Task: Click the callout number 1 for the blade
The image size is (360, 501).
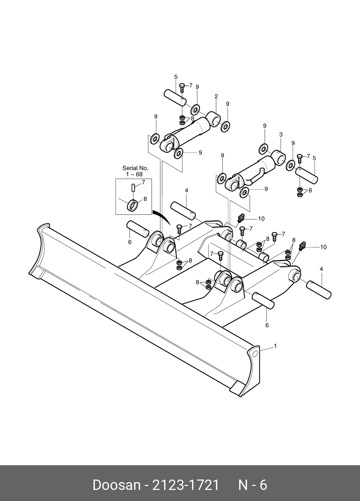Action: pyautogui.click(x=275, y=346)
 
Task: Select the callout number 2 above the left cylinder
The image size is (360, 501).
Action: pyautogui.click(x=216, y=97)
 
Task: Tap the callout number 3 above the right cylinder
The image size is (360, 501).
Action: pyautogui.click(x=281, y=134)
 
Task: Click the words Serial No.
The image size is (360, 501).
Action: pyautogui.click(x=135, y=168)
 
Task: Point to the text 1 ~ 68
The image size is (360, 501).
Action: pyautogui.click(x=134, y=174)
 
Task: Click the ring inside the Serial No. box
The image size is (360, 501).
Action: pyautogui.click(x=133, y=205)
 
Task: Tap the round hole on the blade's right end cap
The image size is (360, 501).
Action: pyautogui.click(x=255, y=354)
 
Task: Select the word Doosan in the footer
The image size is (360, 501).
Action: pyautogui.click(x=116, y=485)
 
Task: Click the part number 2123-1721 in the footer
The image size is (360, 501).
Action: pyautogui.click(x=186, y=485)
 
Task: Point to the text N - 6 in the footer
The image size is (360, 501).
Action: pyautogui.click(x=253, y=485)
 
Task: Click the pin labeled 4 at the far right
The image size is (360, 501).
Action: pyautogui.click(x=319, y=289)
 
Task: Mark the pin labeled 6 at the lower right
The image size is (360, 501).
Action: pyautogui.click(x=263, y=300)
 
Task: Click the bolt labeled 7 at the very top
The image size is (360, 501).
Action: pyautogui.click(x=182, y=87)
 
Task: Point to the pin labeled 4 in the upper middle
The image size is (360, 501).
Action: pyautogui.click(x=183, y=211)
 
